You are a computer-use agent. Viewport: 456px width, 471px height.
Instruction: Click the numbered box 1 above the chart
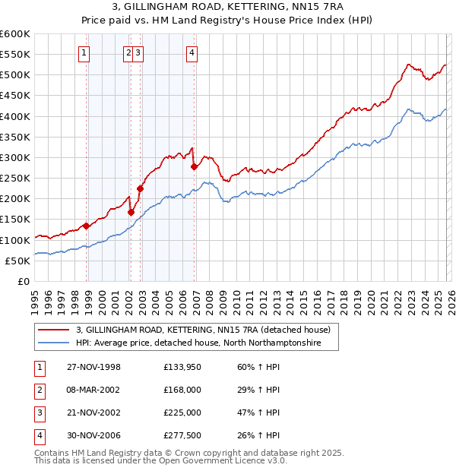83,52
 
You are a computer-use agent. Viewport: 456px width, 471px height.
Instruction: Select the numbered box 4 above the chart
192,52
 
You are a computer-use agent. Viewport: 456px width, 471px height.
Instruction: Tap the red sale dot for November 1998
87,226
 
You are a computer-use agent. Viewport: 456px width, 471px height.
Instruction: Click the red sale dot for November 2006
195,166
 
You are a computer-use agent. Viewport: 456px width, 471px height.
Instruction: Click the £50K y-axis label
18,261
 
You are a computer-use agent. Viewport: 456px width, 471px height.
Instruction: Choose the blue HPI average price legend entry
198,343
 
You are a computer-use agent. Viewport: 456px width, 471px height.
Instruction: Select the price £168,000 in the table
182,390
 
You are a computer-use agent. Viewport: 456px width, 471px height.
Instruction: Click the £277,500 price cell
182,435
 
